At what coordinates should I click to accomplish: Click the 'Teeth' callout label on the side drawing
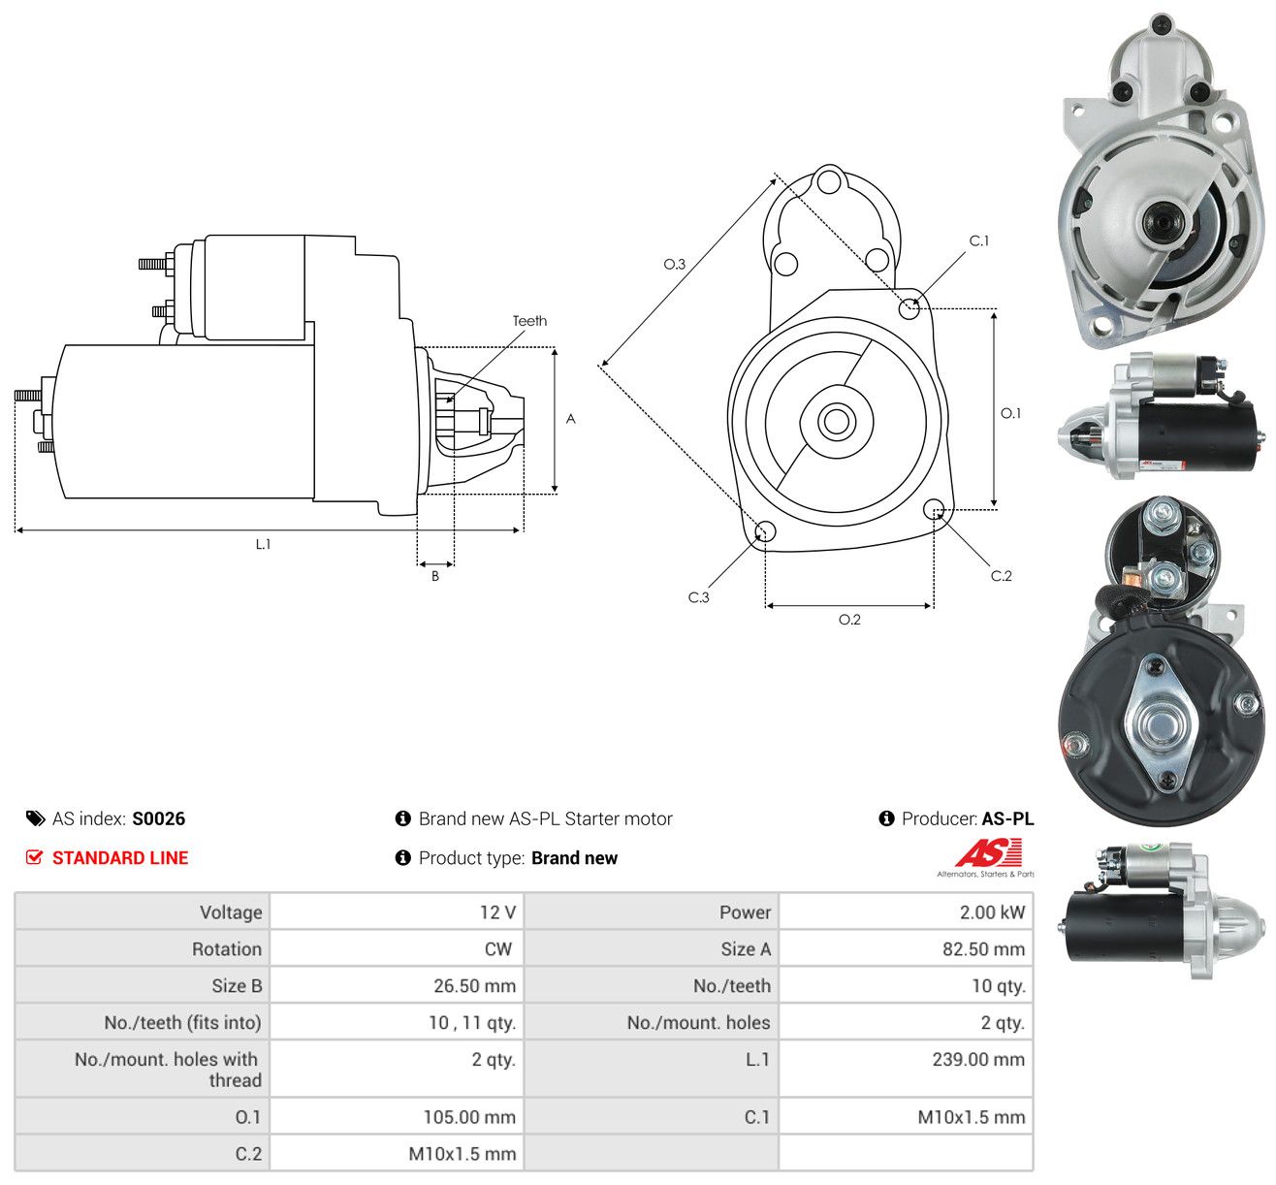[529, 321]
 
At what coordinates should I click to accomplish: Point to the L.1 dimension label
[264, 544]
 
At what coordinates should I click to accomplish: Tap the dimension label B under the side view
[435, 576]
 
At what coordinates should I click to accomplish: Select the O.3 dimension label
[674, 264]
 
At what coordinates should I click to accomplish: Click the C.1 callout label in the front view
[978, 241]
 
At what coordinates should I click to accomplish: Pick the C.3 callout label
[698, 597]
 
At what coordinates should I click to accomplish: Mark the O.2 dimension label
[849, 620]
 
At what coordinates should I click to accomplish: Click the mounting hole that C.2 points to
[934, 510]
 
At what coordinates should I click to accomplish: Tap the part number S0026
[159, 818]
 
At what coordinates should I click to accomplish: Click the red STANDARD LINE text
[120, 858]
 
